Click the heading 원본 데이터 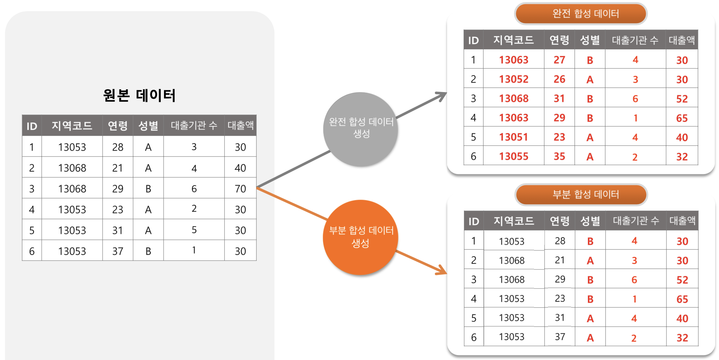(139, 96)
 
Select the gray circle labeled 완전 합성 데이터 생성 (361, 129)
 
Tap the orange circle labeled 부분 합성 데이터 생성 (361, 237)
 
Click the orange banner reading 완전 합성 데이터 (581, 14)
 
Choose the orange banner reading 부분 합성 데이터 (581, 194)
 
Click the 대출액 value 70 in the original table (240, 189)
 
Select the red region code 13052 (514, 79)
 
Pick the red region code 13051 (514, 137)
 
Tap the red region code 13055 (514, 156)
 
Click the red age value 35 (559, 156)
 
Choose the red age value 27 (559, 60)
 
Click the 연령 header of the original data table (118, 126)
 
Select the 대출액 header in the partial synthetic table (682, 221)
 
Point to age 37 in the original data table (118, 251)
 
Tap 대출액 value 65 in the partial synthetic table (682, 299)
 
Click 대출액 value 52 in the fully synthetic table (682, 99)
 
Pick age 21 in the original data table (118, 168)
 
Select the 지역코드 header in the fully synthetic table (514, 40)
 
